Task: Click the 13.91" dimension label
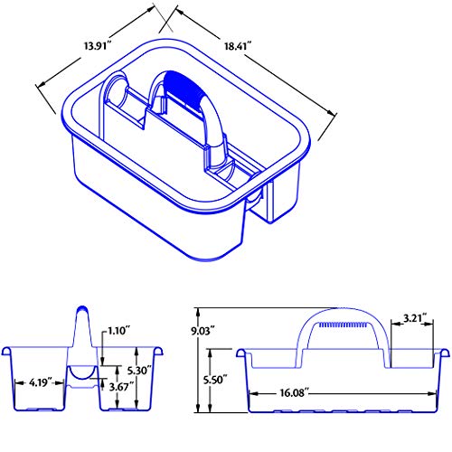click(98, 46)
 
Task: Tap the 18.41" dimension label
click(238, 46)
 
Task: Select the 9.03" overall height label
click(202, 331)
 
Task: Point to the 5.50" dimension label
click(214, 380)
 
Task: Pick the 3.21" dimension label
click(415, 318)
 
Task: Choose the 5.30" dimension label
click(138, 371)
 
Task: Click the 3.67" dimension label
click(121, 387)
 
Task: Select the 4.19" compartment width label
click(41, 382)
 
